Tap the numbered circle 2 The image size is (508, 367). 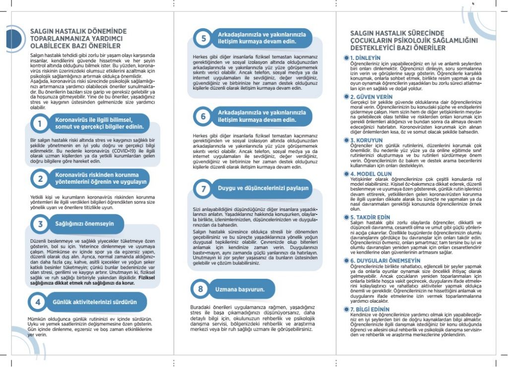(39, 178)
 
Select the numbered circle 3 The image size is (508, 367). (39, 224)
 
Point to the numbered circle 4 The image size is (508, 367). (38, 301)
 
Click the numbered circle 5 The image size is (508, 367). (203, 38)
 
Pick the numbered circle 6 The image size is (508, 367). (203, 116)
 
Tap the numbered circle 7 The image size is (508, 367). (203, 189)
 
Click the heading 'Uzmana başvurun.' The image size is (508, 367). (240, 289)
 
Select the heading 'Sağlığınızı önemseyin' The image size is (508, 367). (84, 224)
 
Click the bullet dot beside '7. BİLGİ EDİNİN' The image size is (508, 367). (346, 309)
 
